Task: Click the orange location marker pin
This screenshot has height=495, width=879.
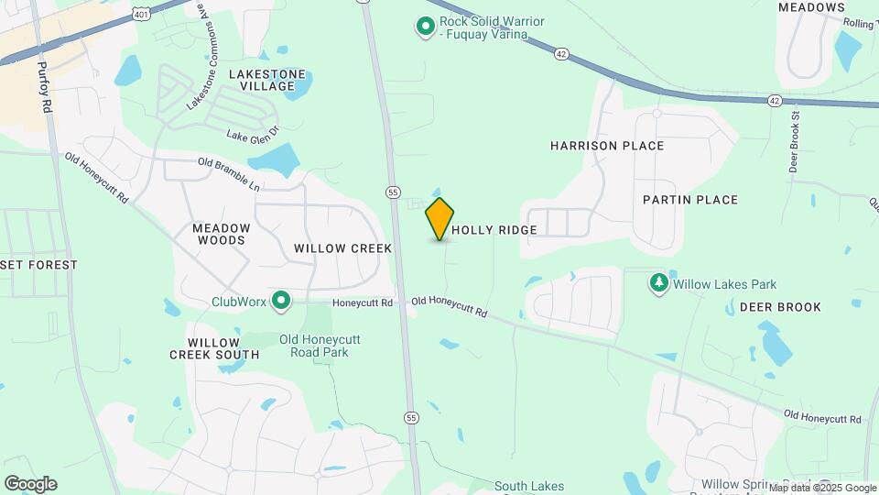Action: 439,219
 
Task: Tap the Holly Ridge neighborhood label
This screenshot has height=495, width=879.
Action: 494,230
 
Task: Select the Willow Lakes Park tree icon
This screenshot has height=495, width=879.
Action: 658,283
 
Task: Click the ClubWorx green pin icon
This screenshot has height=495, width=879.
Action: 282,300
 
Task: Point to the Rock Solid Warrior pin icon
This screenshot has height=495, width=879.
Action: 425,27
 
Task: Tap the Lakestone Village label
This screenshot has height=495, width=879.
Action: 267,80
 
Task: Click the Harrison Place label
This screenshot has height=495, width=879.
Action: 607,146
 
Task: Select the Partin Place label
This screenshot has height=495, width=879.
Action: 689,200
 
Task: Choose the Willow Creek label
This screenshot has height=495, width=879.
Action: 342,248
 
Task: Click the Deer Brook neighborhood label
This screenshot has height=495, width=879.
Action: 780,307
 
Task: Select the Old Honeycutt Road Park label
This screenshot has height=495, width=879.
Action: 320,346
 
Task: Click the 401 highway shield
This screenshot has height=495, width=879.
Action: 139,12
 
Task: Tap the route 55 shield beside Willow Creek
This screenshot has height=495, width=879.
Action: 393,192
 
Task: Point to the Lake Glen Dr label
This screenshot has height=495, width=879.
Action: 252,135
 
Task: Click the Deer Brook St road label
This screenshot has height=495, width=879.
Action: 794,141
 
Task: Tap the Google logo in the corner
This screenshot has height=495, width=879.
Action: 30,483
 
